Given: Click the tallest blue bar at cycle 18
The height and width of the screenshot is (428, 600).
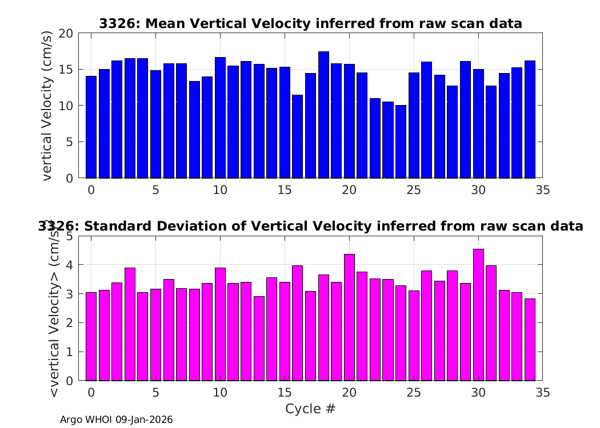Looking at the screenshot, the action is pos(323,115).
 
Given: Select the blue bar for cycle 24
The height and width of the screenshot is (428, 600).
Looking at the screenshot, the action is pos(401,142).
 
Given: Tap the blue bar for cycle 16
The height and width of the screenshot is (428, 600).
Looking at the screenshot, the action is pos(297,136).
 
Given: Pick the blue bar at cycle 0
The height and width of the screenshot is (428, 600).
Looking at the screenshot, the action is pos(91,127).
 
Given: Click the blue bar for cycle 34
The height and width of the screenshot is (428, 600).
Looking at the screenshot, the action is pos(530,119).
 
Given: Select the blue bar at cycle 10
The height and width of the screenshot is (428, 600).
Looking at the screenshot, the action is pos(220,118).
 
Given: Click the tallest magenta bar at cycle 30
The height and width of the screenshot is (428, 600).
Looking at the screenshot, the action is pos(478,315).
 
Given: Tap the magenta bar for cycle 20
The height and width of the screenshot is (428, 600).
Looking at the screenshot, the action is pos(349,317).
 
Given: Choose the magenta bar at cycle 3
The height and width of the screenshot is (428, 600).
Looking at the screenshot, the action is pos(130,324).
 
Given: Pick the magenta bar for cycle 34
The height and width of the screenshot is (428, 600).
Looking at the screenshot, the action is pos(530,340).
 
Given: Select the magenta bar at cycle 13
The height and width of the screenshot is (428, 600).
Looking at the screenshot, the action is pos(259,338).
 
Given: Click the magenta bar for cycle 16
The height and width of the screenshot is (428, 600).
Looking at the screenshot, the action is pos(297,323).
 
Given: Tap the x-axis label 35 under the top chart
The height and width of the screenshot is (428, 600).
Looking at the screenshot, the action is pos(543,190).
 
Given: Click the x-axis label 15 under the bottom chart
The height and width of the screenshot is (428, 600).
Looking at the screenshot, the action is pos(285,393).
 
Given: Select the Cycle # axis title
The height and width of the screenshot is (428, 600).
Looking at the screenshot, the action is pos(310,409).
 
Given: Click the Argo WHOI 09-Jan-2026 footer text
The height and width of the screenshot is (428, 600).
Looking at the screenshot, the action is pos(117,419).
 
